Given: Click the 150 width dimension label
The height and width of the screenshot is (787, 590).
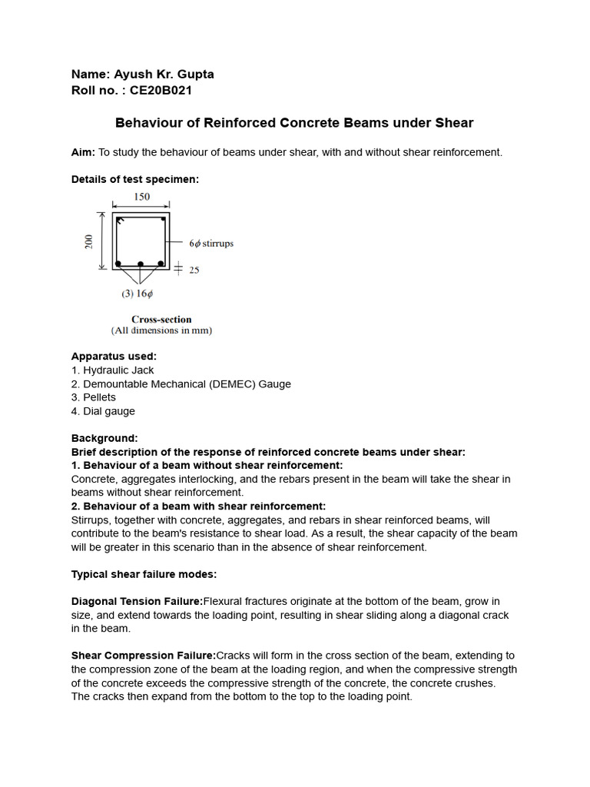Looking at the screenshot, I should [141, 197].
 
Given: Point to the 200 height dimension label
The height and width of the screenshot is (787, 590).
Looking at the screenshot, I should [89, 241].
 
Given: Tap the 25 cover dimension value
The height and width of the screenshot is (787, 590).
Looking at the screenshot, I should [193, 270].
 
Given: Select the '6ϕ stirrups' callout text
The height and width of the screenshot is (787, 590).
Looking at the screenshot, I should [210, 244].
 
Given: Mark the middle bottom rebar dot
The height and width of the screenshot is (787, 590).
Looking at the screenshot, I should [141, 264].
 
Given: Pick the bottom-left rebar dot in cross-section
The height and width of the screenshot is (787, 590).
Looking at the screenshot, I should [118, 264].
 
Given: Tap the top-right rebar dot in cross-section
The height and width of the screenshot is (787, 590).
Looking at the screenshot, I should [163, 221].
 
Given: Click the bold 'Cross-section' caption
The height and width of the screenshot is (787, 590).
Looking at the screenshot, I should [161, 319].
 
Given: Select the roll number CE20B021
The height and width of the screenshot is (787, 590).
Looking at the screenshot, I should [161, 91].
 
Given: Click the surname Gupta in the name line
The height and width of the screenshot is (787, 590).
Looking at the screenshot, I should [195, 75].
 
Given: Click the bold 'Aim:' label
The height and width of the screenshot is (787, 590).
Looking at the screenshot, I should [83, 152].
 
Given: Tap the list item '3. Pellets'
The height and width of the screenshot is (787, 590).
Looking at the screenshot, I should [94, 397].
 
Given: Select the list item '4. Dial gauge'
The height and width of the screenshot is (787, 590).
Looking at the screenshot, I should [103, 411].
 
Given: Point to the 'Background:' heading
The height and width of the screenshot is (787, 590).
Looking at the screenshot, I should [104, 438].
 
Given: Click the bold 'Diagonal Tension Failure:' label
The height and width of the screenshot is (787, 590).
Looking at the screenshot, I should [137, 601].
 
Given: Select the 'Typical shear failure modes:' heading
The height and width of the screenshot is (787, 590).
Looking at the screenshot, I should [144, 574].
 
